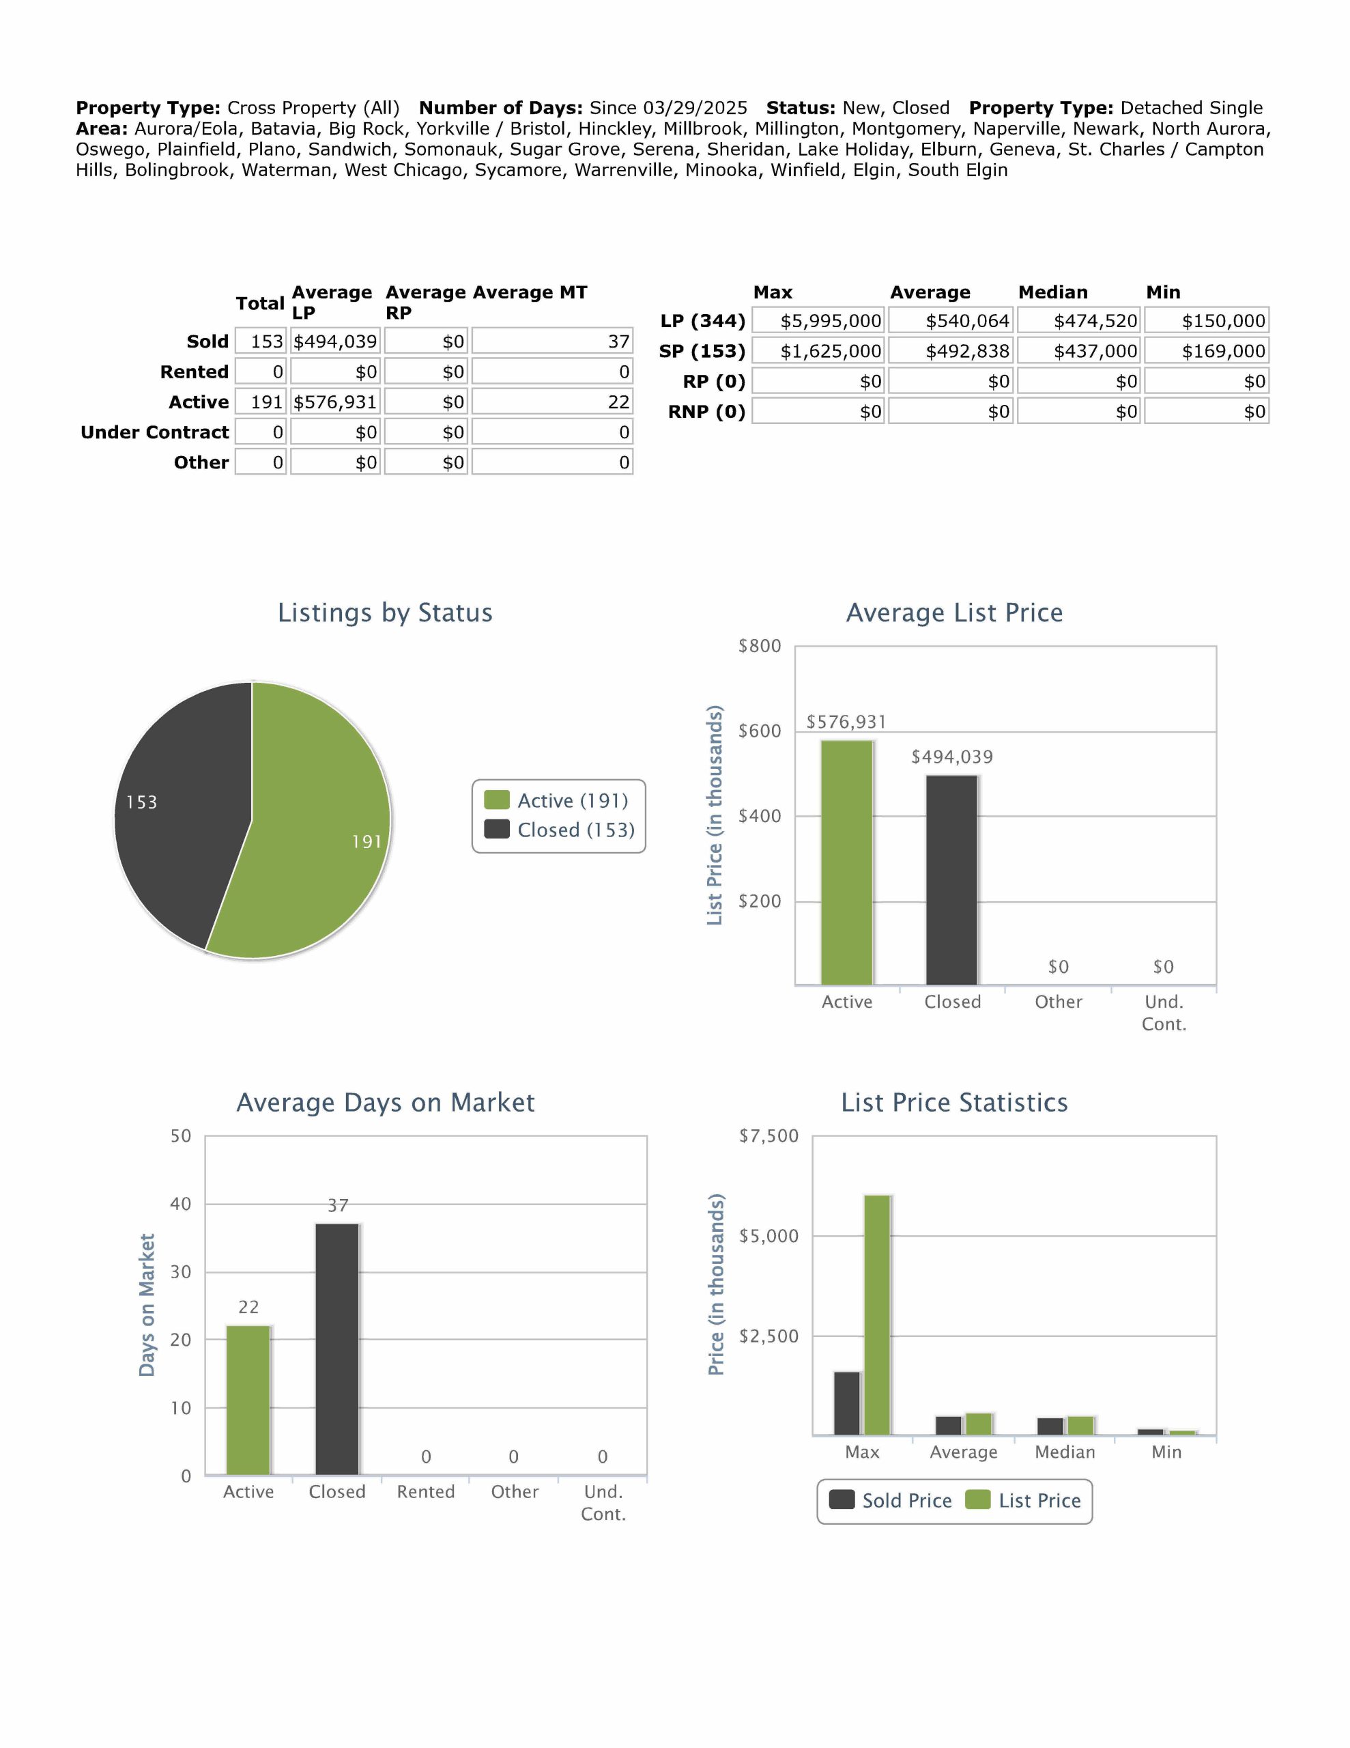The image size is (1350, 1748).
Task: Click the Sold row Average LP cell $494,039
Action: [x=334, y=342]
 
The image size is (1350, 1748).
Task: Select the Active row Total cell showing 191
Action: [x=261, y=401]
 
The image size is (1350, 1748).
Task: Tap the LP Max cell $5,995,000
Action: [x=818, y=321]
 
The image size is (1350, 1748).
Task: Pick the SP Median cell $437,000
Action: [x=1080, y=352]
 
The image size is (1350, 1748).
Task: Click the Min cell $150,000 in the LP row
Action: [x=1206, y=321]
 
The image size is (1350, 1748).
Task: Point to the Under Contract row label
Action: [x=154, y=432]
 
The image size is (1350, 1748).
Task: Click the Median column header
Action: [x=1052, y=292]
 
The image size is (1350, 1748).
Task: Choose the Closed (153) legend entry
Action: [x=560, y=830]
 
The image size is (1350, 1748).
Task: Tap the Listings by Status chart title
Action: [x=385, y=612]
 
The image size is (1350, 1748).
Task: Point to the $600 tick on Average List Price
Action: [x=760, y=731]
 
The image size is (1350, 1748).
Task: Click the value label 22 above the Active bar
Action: [x=249, y=1307]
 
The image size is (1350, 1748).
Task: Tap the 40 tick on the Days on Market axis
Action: [x=181, y=1204]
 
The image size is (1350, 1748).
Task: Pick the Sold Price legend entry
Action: [x=890, y=1501]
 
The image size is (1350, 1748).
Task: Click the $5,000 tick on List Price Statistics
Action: [x=769, y=1236]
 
